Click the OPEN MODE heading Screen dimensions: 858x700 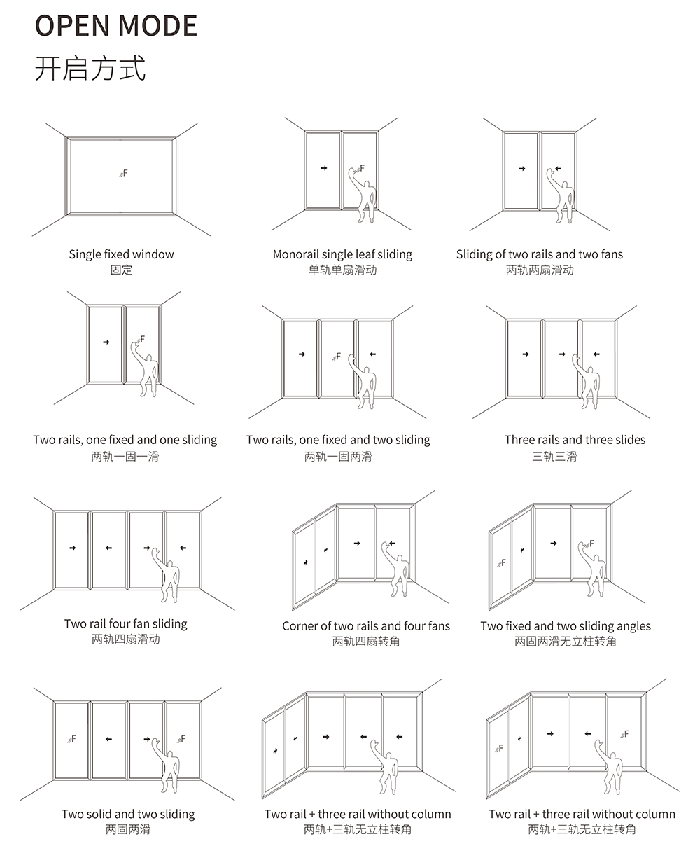coord(116,25)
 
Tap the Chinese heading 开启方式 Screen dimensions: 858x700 coord(90,69)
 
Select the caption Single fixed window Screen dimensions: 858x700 coord(121,254)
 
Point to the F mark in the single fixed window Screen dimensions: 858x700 coord(123,172)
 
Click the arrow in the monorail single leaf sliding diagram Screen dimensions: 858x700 coord(323,168)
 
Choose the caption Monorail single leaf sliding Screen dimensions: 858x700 coord(342,254)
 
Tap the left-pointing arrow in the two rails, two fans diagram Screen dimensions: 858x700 coord(558,168)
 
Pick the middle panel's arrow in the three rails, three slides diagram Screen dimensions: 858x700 coord(561,354)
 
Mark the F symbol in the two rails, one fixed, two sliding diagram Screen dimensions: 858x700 coord(337,356)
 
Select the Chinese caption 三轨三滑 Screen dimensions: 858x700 coord(554,457)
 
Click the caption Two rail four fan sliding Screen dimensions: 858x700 coord(126,623)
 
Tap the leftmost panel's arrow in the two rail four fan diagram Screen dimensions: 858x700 coord(72,548)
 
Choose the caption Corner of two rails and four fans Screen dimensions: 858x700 coord(366,625)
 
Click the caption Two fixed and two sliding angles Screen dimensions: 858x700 coord(566,625)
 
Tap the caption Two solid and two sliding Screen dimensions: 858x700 coord(128,814)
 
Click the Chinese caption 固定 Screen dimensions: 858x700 coord(121,270)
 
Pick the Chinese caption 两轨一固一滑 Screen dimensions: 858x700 coord(125,457)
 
